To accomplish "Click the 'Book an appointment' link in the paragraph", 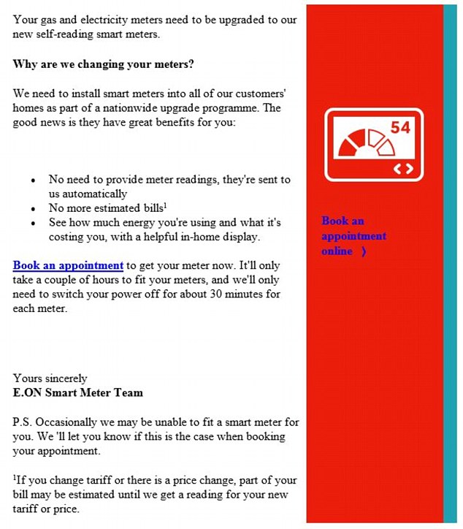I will (x=68, y=265).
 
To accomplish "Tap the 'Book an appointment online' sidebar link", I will (x=353, y=236).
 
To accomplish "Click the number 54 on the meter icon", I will (x=400, y=128).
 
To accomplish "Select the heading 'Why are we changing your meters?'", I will (x=103, y=64).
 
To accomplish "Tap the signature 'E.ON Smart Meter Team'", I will (x=78, y=392).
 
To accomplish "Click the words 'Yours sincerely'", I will (x=50, y=378).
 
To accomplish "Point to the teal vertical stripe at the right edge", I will (x=451, y=263).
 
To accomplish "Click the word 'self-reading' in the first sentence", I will (x=74, y=34).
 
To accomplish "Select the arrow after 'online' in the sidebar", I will (x=363, y=251).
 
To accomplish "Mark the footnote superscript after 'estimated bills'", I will (x=165, y=205).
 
